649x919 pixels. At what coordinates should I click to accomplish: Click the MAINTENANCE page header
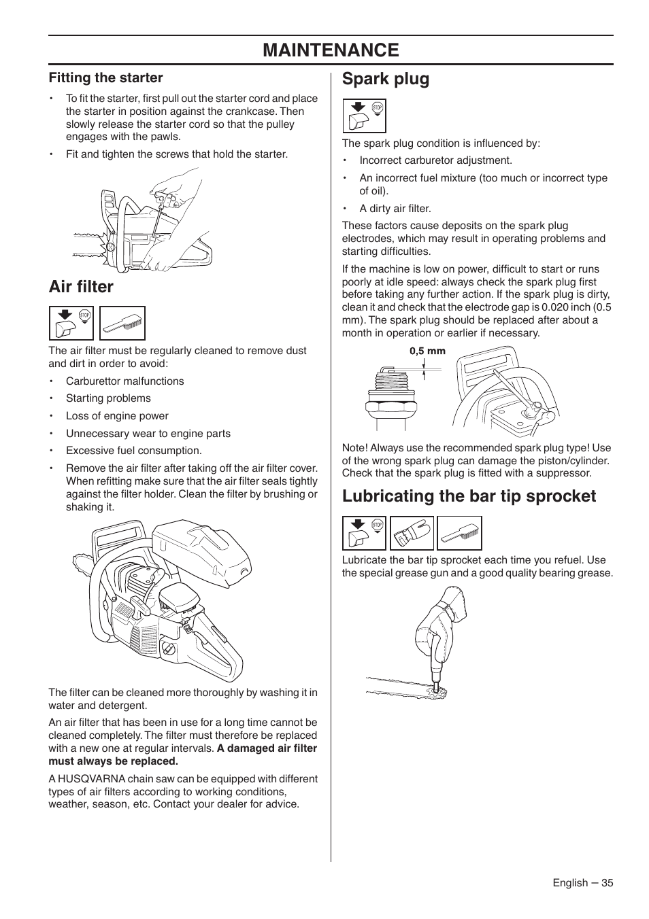click(331, 50)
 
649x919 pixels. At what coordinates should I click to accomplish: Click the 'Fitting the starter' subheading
click(105, 77)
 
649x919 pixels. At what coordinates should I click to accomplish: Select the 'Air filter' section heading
click(81, 287)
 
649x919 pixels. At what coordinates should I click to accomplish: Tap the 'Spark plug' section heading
click(386, 79)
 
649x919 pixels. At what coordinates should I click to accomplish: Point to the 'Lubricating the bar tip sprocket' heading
click(469, 496)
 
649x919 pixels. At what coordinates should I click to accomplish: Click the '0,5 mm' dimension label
click(427, 351)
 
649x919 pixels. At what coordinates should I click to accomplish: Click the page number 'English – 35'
click(582, 882)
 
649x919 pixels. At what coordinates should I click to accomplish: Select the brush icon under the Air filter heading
click(122, 324)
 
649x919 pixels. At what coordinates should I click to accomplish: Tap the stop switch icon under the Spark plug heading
click(364, 116)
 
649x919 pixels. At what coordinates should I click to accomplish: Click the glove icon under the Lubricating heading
click(411, 533)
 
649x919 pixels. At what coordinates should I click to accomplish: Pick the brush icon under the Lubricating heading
click(459, 533)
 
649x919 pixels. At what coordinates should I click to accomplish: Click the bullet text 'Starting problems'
click(108, 398)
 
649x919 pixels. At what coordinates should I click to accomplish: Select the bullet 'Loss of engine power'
click(117, 416)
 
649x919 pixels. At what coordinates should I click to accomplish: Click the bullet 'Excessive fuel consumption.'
click(133, 451)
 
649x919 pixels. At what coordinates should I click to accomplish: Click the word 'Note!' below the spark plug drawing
click(354, 448)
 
